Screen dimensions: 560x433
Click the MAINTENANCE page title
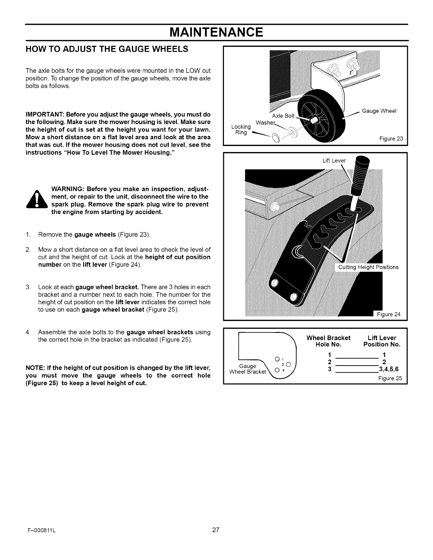(x=216, y=33)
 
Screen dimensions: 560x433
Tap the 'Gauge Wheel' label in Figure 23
(x=380, y=111)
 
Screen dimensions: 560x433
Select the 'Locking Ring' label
(x=241, y=129)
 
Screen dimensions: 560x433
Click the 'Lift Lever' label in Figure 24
(x=334, y=161)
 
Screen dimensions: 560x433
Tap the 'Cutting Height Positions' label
(x=368, y=267)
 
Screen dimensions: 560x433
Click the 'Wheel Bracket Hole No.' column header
(x=328, y=341)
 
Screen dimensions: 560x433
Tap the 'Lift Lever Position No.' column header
(x=382, y=341)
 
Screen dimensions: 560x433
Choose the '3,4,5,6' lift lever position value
(x=388, y=370)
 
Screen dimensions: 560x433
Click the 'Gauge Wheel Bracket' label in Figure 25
(x=248, y=369)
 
